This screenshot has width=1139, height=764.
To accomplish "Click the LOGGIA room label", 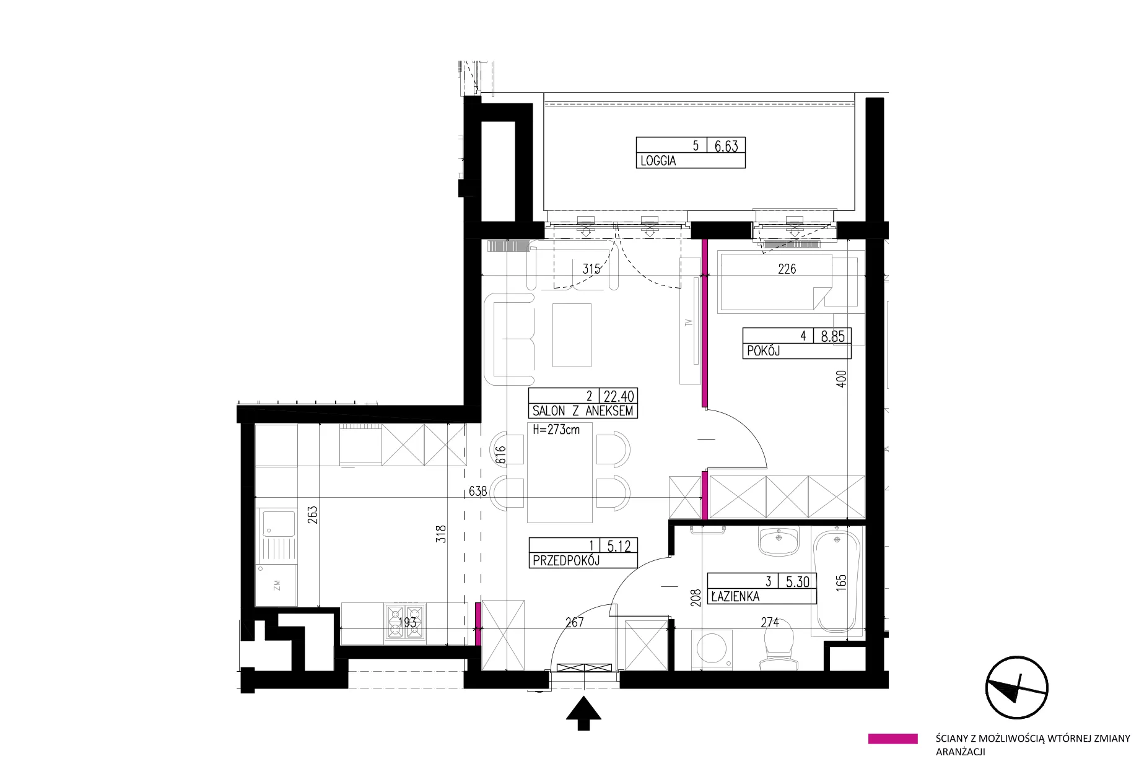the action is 658,161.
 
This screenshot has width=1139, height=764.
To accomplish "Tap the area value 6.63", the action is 727,145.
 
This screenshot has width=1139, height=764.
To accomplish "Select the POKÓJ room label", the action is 763,351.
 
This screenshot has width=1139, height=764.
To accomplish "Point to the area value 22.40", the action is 619,396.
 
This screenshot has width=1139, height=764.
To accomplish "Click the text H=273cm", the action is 556,429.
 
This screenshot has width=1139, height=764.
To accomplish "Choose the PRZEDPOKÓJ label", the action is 566,561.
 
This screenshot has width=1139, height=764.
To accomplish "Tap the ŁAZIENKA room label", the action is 735,597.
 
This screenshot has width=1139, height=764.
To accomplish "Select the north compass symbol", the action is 1016,688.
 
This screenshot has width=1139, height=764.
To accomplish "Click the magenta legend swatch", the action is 892,739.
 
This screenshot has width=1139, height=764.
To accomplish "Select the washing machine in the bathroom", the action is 713,650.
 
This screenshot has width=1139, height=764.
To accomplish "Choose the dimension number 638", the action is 478,491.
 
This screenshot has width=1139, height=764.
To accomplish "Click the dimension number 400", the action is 840,379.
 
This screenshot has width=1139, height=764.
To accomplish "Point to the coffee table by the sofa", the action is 572,334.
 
